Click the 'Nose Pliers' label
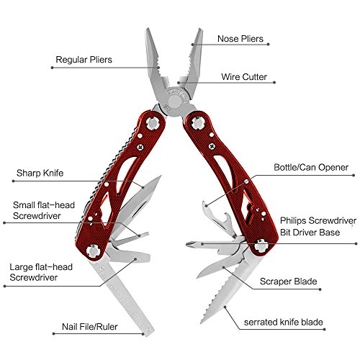(240, 39)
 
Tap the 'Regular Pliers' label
(84, 60)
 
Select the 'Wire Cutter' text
(244, 77)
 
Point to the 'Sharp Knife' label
(40, 173)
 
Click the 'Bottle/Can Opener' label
(311, 168)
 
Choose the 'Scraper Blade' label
(288, 282)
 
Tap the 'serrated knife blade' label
(283, 322)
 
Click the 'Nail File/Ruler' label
(90, 327)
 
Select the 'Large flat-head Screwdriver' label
(41, 272)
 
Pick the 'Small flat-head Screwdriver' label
(44, 210)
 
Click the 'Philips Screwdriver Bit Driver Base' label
(318, 226)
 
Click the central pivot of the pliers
(175, 102)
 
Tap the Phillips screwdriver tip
(189, 244)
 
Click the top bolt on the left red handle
(153, 123)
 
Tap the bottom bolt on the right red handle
(261, 246)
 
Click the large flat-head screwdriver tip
(147, 258)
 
